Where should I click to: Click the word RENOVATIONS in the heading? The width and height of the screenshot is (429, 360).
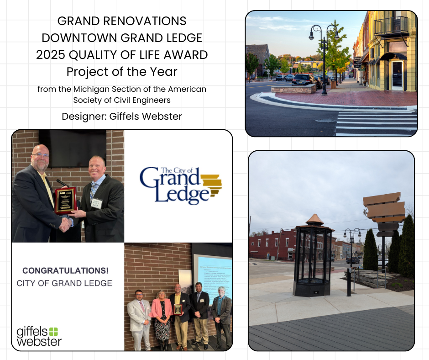pos(146,21)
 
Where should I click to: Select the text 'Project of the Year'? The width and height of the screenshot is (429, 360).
pos(122,72)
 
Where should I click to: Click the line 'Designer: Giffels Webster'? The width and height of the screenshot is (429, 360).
pos(122,116)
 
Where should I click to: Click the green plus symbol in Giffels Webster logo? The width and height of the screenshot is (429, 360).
pos(53,332)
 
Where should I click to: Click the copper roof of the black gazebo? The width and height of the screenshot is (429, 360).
pos(314,220)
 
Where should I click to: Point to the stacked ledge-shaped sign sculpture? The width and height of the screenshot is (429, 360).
pos(384,210)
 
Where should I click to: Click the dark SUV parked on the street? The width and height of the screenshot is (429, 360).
pos(303,79)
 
